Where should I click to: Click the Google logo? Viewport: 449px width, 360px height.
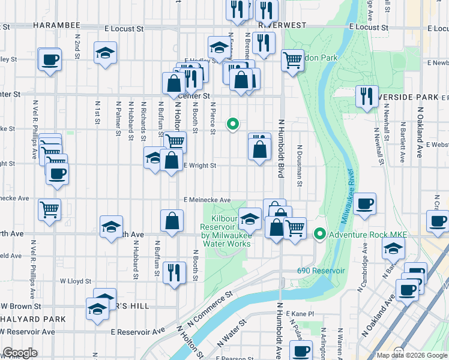[x=20, y=353]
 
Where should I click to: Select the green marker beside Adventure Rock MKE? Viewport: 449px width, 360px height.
[x=320, y=233]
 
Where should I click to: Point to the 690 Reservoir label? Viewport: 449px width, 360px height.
[x=321, y=271]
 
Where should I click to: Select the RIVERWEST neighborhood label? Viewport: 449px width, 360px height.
[x=282, y=26]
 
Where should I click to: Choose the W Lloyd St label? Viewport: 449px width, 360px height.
[x=74, y=280]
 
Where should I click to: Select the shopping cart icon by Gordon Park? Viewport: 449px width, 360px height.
[x=292, y=59]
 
